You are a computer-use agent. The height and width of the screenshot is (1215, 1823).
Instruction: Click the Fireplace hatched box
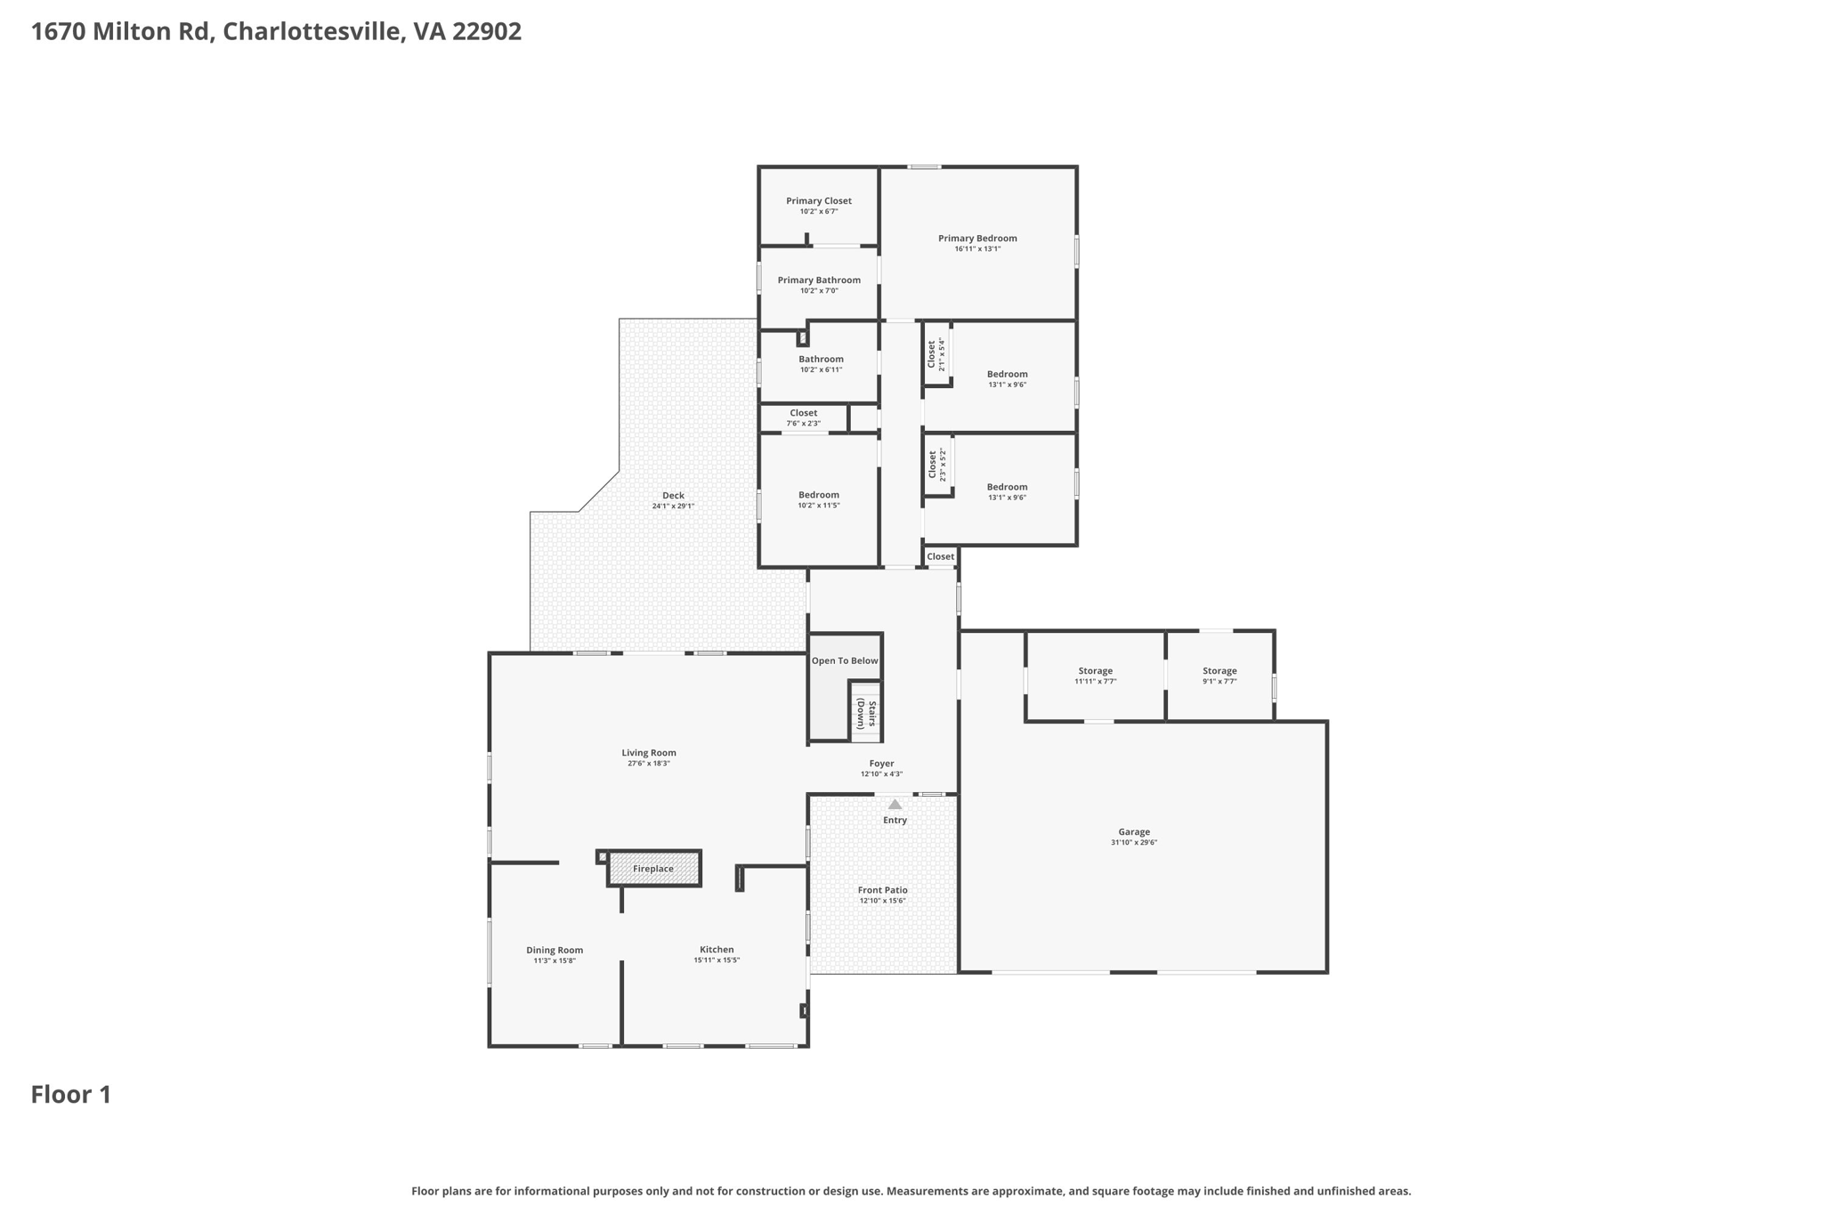pos(653,869)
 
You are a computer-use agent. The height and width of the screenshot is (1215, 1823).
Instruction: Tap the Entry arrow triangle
pos(895,805)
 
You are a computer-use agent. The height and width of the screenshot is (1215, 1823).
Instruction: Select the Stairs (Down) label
pos(866,714)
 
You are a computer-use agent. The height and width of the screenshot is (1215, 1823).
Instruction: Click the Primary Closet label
pos(818,201)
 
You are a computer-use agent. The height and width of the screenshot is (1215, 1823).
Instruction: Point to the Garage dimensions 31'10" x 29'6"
pos(1133,843)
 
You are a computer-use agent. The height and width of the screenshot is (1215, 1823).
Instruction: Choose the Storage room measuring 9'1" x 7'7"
pos(1219,676)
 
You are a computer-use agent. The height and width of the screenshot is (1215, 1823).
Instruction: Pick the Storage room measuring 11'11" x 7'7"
pos(1095,676)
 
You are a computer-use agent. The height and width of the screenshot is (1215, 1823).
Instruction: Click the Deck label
pos(673,496)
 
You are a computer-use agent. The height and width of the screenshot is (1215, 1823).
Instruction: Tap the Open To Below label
pos(844,660)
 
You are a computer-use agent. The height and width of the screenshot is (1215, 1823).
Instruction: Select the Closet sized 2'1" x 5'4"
pos(936,354)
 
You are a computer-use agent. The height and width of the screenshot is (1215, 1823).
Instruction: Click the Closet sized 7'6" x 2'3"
pos(803,418)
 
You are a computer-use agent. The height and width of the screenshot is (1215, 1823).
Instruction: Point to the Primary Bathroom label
pos(818,280)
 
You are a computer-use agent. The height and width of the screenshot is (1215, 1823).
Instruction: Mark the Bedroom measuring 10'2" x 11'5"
pos(818,499)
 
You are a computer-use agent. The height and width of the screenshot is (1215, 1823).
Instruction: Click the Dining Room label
pos(554,950)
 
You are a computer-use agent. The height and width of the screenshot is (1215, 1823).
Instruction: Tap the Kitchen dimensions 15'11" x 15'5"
pos(716,960)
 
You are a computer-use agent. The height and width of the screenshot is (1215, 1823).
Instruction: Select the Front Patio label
pos(882,890)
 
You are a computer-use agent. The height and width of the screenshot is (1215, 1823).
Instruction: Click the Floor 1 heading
pos(71,1095)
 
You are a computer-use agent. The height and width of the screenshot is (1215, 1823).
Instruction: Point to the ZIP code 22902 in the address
pos(486,32)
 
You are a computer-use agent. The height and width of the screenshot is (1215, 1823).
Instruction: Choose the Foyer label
pos(881,764)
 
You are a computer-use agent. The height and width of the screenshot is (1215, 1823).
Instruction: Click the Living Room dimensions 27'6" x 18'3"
pos(648,764)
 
